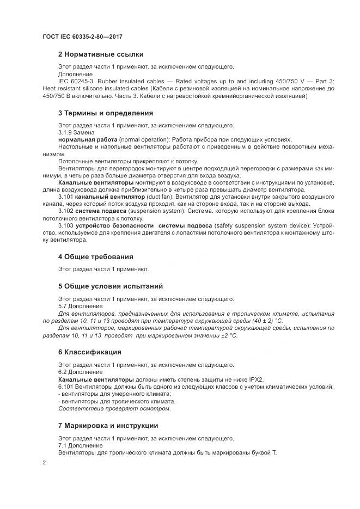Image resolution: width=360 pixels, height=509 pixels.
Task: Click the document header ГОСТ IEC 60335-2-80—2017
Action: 82,36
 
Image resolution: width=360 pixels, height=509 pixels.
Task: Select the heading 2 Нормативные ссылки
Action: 101,54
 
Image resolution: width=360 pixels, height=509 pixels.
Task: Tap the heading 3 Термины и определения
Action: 105,113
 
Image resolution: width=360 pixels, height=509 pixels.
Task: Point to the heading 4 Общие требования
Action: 95,256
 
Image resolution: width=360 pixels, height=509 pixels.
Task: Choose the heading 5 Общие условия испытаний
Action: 111,286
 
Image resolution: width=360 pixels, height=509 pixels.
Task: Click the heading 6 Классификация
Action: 89,352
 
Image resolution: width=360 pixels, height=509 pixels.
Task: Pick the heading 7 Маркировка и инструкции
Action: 108,425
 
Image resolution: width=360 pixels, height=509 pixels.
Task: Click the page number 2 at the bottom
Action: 44,462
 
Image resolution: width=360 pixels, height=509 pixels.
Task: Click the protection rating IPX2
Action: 255,379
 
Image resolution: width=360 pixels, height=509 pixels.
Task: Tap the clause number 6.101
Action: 66,387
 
